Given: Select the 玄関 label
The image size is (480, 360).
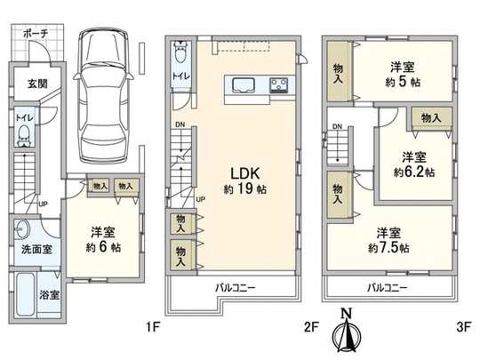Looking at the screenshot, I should tap(26, 84).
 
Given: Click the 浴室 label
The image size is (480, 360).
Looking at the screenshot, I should tap(48, 294).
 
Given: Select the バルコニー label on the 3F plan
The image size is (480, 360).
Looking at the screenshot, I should tap(387, 287).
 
